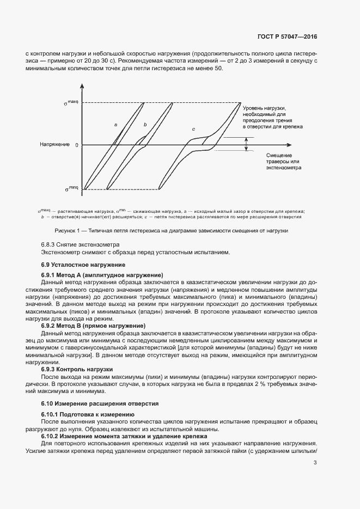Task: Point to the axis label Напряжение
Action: coord(54,145)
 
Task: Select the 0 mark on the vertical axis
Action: coord(77,145)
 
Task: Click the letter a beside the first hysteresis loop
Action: coord(115,125)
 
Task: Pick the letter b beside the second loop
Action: coord(145,125)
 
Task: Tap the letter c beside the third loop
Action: coord(193,129)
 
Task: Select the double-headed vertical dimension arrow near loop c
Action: coord(246,144)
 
